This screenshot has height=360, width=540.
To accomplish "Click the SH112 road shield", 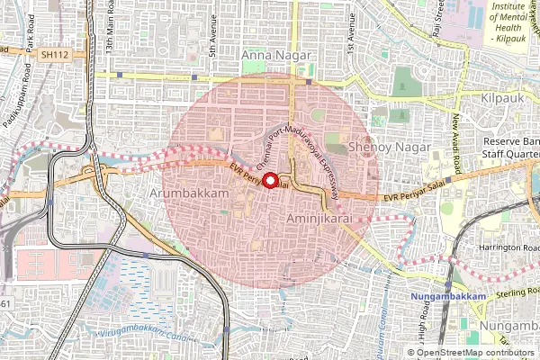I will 53,54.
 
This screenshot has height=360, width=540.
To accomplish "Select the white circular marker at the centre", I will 269,180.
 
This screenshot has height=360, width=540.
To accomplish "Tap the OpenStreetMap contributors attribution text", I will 477,352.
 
